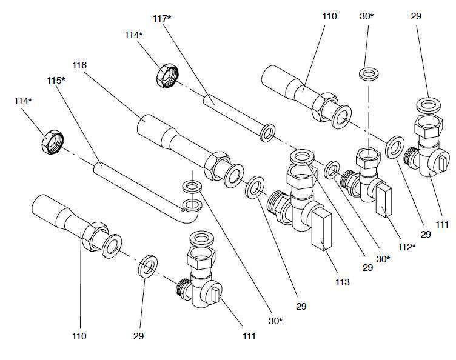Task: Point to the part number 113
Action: coord(341,282)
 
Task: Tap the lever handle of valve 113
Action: coord(320,229)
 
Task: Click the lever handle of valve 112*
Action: coord(384,202)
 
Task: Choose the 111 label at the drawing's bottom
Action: coord(249,336)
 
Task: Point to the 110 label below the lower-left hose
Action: coord(79,336)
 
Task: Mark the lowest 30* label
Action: coord(276,321)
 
